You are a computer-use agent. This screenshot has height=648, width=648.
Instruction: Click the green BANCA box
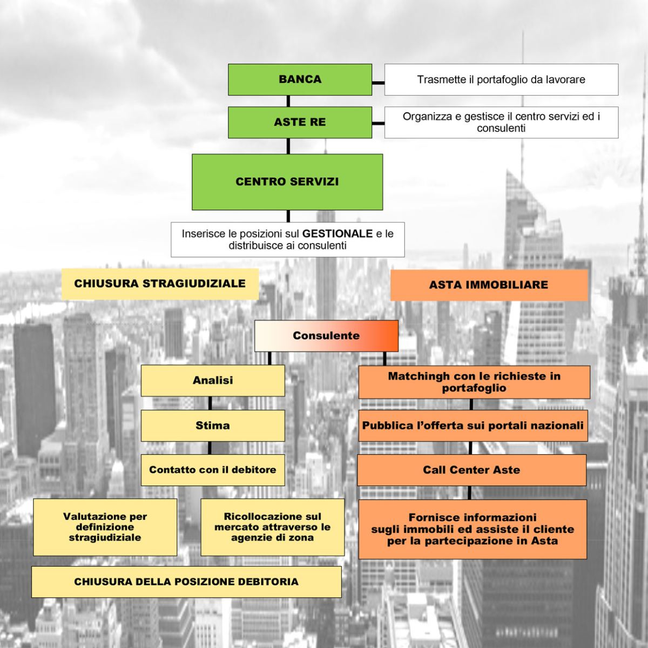(300, 80)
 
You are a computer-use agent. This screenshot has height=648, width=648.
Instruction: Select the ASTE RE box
(300, 123)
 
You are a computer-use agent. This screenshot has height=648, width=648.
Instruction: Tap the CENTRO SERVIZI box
(287, 182)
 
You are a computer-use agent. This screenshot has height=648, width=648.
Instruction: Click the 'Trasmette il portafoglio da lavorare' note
(501, 80)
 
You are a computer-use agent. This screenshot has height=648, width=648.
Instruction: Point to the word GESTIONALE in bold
(337, 233)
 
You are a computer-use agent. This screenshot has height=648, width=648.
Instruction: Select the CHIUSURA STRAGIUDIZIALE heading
(160, 284)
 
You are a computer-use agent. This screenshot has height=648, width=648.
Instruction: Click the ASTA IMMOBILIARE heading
(489, 285)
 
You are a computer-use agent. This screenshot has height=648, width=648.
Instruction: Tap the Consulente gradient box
(326, 335)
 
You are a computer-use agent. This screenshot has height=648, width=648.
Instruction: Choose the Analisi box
(213, 381)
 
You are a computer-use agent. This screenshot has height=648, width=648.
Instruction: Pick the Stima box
(213, 426)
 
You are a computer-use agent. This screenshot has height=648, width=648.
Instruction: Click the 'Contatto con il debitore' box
(213, 470)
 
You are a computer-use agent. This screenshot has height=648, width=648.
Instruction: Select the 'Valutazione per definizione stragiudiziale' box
(105, 527)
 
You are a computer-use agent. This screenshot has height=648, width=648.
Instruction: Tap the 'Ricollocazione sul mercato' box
(272, 527)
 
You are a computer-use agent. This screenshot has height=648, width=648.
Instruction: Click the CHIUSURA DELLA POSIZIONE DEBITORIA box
(186, 582)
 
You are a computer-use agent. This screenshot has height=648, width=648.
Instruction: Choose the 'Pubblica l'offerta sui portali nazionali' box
(473, 426)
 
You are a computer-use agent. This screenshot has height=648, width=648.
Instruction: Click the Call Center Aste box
(471, 470)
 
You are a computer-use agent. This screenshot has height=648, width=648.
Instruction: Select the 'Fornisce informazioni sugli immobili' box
(473, 529)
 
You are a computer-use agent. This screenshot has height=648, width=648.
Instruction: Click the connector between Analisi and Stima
(210, 403)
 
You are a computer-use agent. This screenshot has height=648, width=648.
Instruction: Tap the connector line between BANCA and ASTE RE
(288, 101)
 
